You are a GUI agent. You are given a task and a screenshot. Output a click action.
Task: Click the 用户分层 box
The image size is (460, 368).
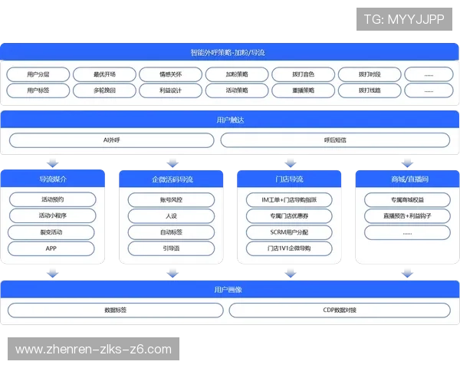(37, 74)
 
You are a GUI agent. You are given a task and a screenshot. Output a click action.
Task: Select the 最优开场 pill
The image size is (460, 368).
(104, 74)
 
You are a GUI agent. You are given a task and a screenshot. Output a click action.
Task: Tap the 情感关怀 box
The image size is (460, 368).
(170, 74)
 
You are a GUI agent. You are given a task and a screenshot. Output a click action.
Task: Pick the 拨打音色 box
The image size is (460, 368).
(303, 74)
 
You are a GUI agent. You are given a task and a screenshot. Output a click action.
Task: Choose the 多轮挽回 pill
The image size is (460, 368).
(104, 90)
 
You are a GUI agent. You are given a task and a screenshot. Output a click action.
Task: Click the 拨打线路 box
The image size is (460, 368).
(369, 90)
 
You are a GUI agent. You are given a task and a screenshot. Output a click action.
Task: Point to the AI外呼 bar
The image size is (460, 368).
(112, 140)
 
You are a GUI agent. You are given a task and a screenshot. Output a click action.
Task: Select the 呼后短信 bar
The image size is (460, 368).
(336, 140)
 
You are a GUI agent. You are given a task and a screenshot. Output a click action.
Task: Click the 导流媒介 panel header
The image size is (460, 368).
(53, 179)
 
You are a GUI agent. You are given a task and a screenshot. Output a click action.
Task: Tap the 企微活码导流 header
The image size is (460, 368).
(171, 179)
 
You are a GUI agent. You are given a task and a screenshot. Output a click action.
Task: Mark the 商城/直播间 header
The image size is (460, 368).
(407, 179)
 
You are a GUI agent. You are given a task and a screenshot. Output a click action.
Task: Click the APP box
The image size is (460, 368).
(52, 248)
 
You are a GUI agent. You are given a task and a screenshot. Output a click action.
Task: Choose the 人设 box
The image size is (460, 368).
(171, 216)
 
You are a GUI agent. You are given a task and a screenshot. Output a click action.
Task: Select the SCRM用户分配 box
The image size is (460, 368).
(289, 232)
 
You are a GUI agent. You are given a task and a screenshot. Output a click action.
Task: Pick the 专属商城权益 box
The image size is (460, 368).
(407, 200)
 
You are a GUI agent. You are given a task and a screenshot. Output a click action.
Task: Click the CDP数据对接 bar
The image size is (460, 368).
(340, 310)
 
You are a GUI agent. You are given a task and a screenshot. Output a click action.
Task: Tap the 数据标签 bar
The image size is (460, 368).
(115, 310)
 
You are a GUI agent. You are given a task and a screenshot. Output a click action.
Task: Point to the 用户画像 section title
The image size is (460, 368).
(230, 290)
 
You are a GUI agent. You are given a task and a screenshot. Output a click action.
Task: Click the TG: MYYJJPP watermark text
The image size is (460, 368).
(404, 18)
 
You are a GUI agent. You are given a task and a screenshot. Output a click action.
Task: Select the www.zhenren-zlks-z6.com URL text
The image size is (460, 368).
(94, 350)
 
